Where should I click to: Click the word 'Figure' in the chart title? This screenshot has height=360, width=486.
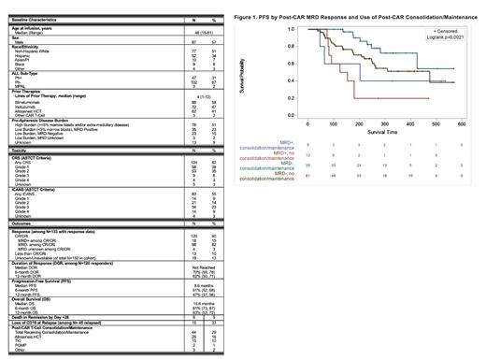pyautogui.click(x=243, y=18)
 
